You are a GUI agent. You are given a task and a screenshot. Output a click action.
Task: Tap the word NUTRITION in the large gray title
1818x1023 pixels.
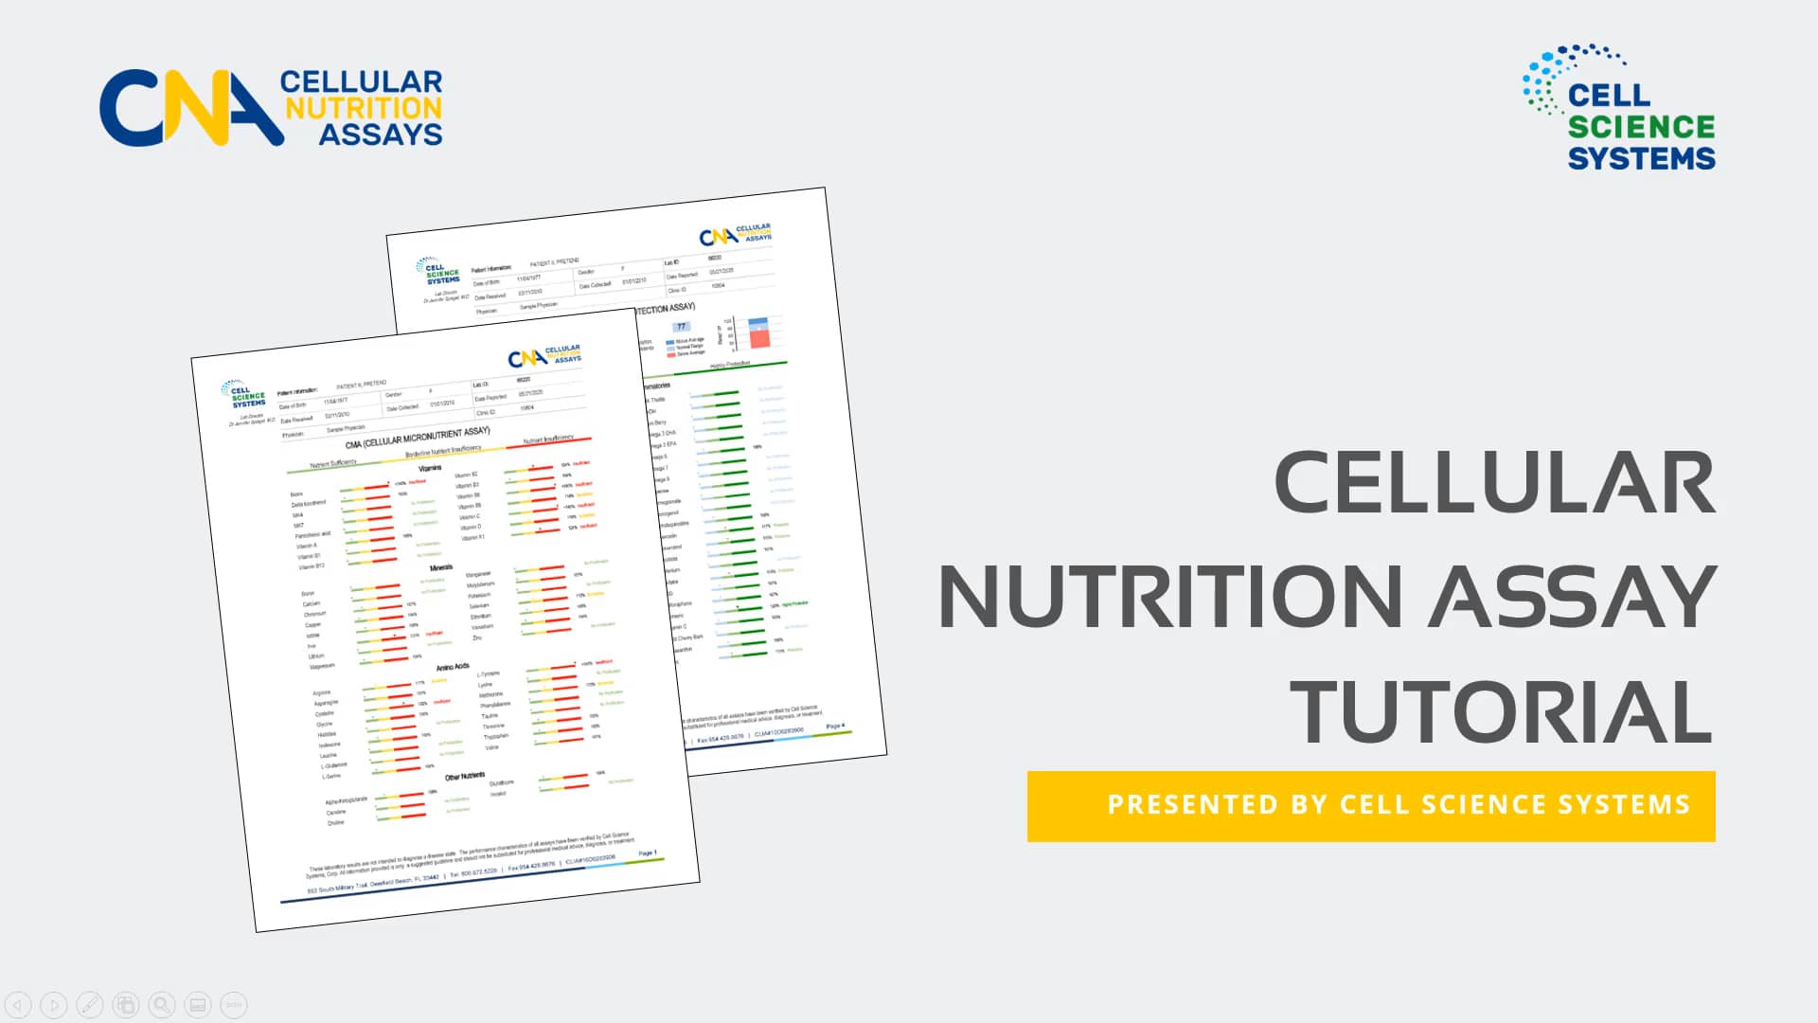1170,597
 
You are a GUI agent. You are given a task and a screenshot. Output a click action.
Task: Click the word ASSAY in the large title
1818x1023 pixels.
1572,597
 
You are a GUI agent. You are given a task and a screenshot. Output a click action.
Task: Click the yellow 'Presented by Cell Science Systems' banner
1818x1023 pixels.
1371,805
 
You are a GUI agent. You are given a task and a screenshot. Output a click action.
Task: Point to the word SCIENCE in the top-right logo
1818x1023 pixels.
1641,127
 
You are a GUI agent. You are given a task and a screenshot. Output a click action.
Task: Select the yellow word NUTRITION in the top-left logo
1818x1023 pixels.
364,108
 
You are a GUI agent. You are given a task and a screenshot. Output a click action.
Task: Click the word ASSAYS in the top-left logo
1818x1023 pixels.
381,135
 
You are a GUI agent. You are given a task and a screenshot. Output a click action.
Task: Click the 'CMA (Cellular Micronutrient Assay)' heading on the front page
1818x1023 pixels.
418,438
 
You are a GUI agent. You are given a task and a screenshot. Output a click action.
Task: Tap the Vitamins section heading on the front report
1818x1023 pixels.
430,468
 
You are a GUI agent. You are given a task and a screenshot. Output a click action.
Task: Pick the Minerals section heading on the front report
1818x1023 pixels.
441,567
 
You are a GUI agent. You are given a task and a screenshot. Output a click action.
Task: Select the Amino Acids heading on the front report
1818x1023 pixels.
453,668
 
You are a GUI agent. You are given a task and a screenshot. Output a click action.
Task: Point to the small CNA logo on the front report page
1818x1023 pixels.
544,356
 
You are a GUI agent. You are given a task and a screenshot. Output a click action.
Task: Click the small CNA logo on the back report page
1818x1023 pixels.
735,234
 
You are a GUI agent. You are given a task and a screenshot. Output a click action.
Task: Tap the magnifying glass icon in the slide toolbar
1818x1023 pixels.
162,1005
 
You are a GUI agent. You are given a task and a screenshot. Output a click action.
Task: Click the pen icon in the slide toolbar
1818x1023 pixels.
90,1005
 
